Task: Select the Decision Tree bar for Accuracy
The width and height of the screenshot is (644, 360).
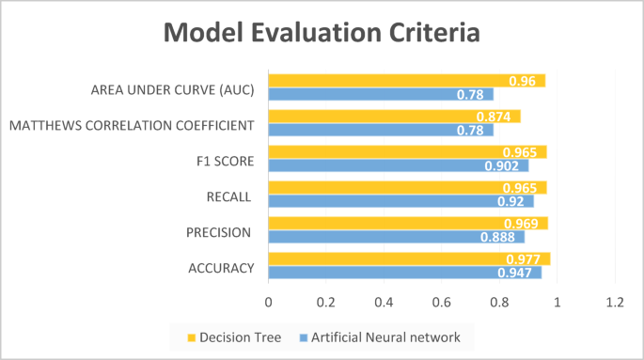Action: point(409,259)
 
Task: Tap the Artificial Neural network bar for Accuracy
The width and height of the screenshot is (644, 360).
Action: point(404,273)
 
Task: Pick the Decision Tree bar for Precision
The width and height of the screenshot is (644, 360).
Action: point(408,224)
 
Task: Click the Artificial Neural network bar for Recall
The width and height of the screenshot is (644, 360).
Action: point(401,201)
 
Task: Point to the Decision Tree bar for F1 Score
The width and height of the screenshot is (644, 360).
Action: point(407,152)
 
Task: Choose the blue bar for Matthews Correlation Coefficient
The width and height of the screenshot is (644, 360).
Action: point(381,130)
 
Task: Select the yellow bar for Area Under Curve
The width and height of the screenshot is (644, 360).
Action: point(406,81)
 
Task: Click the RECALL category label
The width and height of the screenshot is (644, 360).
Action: point(228,196)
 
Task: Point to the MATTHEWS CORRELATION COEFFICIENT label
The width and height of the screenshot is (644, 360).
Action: point(131,125)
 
